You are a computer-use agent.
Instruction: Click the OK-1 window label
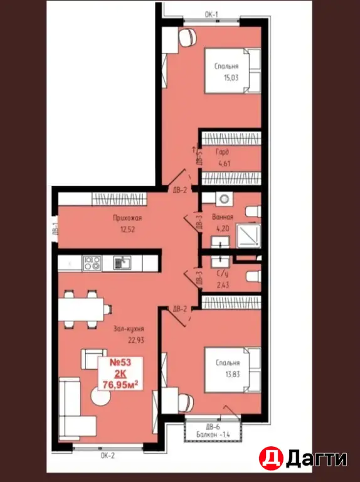pos(211,14)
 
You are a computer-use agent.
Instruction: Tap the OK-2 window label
pos(107,456)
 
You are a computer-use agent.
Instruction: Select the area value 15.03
pos(231,77)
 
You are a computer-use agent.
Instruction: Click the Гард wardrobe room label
pos(223,151)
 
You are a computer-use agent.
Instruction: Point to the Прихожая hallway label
pos(127,218)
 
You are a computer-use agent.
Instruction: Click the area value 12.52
pos(127,229)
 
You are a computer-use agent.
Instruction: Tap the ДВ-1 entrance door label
pos(56,229)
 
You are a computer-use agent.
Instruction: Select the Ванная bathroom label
pos(223,217)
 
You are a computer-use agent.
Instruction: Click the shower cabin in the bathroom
pos(248,236)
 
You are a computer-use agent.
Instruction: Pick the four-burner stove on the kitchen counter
pos(92,264)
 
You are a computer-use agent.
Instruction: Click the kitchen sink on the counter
pos(122,264)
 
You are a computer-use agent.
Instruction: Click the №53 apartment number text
pos(120,362)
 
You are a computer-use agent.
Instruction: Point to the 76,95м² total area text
pos(120,384)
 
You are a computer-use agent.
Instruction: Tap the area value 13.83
pos(233,374)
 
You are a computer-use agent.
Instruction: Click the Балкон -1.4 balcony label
pos(213,435)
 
